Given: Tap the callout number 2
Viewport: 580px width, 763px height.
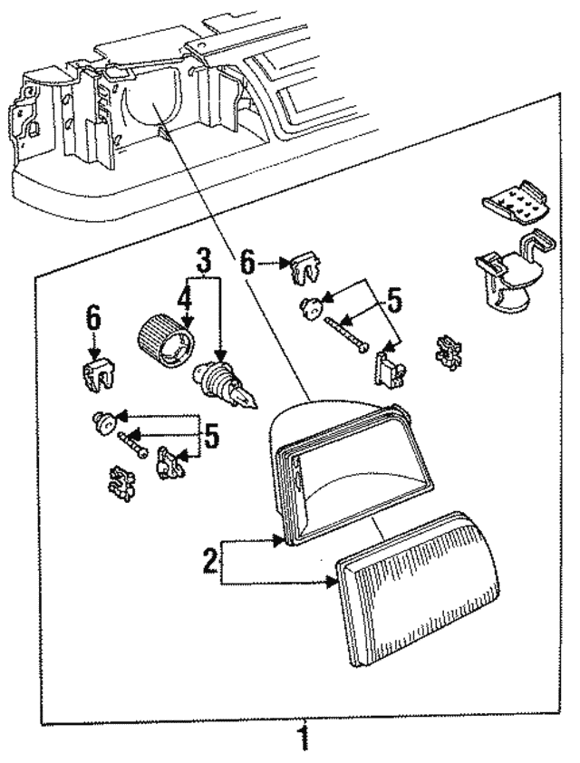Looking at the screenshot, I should (209, 563).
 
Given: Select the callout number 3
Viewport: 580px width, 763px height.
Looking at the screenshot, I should (204, 261).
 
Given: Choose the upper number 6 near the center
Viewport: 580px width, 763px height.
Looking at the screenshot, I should (247, 264).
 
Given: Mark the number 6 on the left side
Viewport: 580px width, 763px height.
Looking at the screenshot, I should (93, 318).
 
